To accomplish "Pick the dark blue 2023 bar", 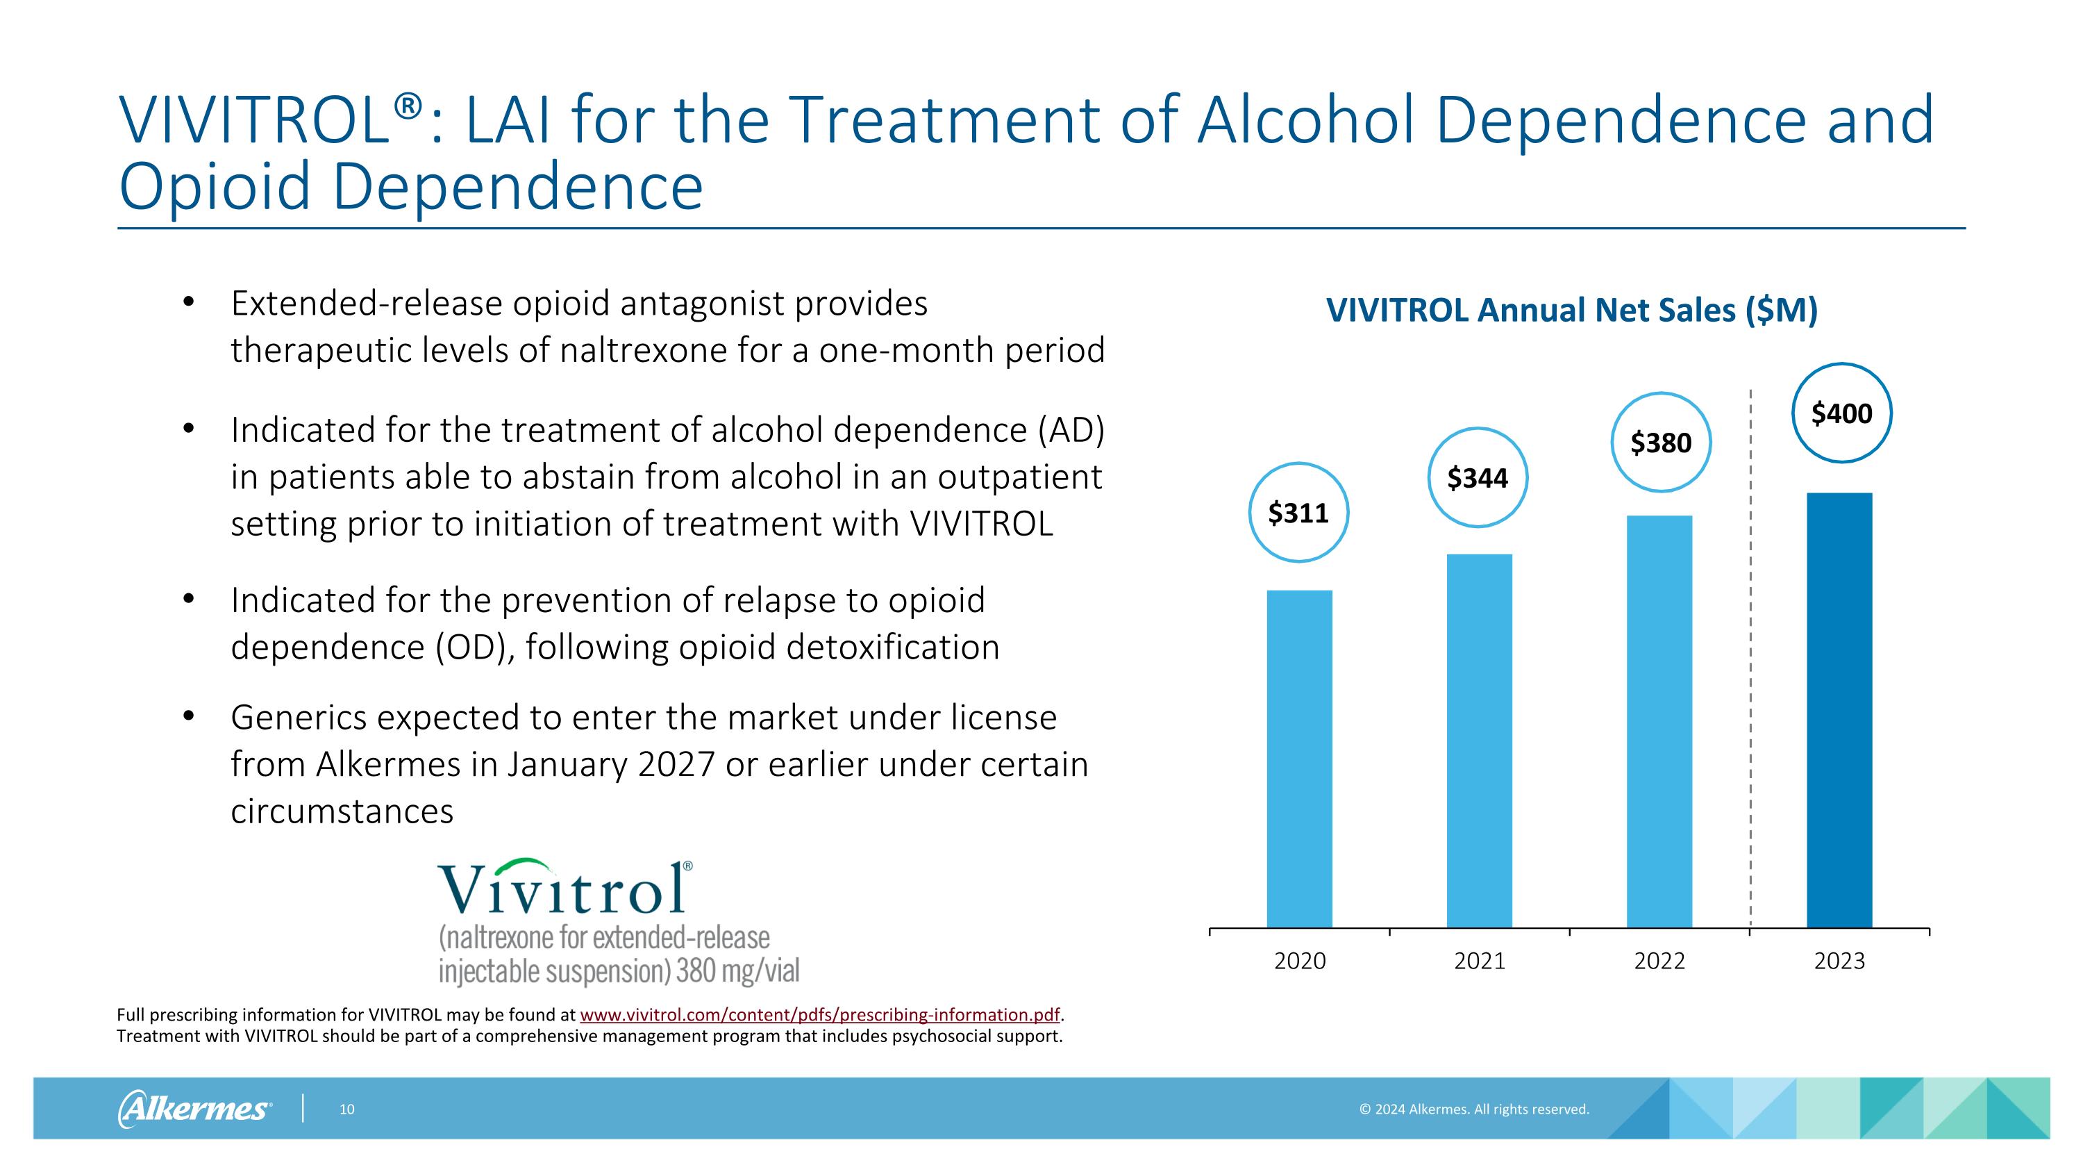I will [x=1839, y=709].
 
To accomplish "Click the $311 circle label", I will [x=1298, y=513].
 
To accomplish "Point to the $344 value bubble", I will [x=1478, y=478].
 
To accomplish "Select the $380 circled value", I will [x=1661, y=443].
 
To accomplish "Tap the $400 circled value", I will [x=1841, y=413].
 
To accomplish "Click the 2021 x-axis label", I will [x=1479, y=961].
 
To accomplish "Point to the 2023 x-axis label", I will [x=1839, y=961].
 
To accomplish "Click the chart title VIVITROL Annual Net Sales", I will [x=1571, y=311].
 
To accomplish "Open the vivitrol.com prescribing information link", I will [x=819, y=1015].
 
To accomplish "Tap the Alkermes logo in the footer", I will [x=194, y=1109].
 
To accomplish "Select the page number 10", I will [x=347, y=1109].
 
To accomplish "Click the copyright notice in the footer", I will [x=1473, y=1109].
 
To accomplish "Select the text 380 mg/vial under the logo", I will [x=737, y=971].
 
